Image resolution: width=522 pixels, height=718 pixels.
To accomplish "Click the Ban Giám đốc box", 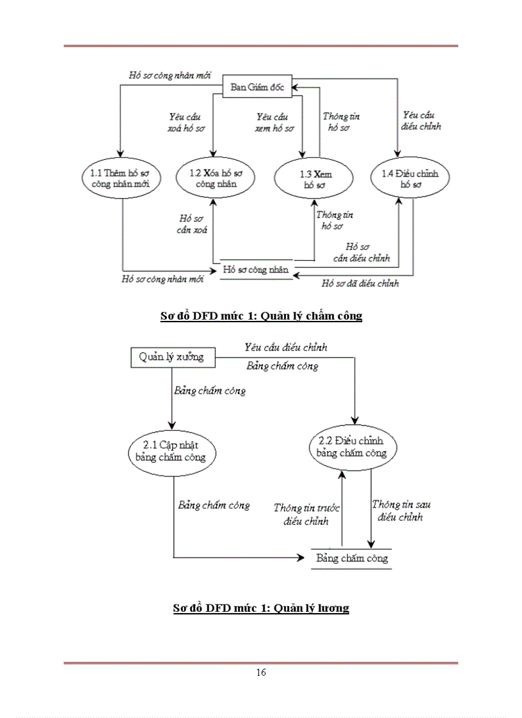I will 258,88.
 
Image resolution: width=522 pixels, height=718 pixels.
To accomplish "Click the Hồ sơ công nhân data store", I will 256,270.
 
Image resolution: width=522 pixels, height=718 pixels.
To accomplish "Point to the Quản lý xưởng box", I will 171,357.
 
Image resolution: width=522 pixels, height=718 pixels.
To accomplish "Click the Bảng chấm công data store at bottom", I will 351,558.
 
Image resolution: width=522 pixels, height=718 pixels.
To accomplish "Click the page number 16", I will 260,672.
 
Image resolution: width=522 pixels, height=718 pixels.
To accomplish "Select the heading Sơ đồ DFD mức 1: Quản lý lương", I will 261,608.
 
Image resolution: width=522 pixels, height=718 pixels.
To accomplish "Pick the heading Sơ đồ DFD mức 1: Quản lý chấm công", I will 261,316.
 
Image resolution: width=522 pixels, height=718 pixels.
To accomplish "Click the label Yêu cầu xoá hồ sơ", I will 186,122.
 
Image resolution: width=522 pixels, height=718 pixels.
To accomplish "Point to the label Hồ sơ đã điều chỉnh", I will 360,283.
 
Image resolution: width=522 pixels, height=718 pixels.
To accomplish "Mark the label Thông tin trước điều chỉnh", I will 306,514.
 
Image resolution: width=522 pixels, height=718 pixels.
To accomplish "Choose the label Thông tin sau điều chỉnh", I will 400,510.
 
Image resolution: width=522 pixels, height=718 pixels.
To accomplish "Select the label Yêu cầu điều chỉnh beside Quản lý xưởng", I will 285,347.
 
